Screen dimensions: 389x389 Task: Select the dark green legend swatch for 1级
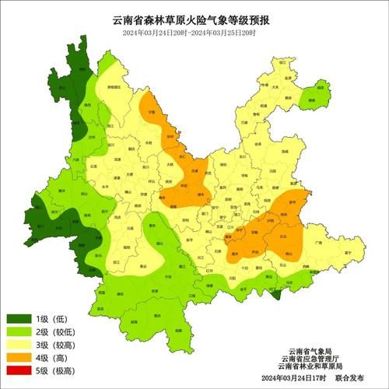click(20, 319)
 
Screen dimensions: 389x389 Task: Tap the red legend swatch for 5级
click(20, 373)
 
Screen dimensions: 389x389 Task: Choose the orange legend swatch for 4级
click(20, 359)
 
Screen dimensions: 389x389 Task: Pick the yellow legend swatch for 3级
click(20, 346)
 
